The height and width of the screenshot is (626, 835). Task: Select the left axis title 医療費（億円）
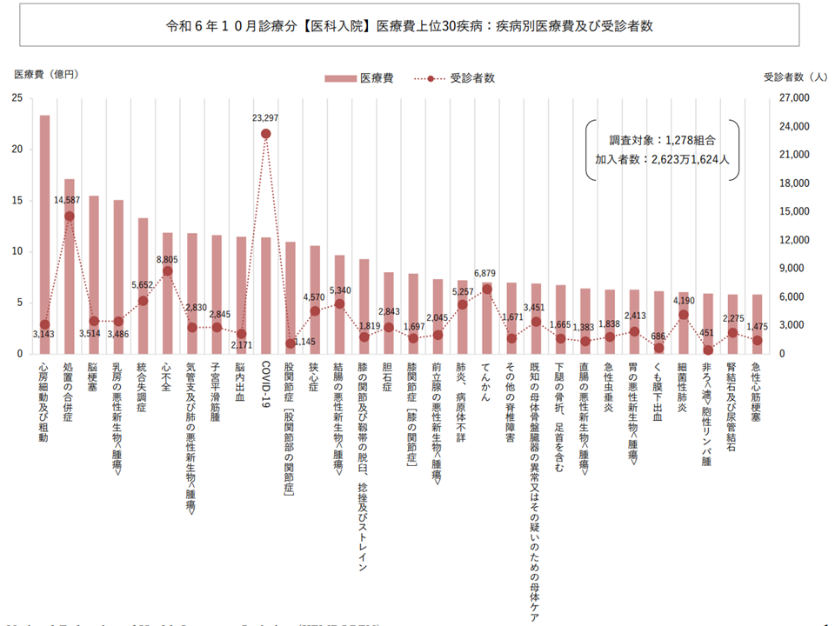(46, 75)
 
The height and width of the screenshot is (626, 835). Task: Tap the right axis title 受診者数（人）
(795, 77)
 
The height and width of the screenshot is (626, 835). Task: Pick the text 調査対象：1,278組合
(662, 140)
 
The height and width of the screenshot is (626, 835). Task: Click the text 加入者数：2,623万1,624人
(662, 160)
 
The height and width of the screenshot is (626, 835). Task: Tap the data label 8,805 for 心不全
(167, 258)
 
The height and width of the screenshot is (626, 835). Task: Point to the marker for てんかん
(487, 290)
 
